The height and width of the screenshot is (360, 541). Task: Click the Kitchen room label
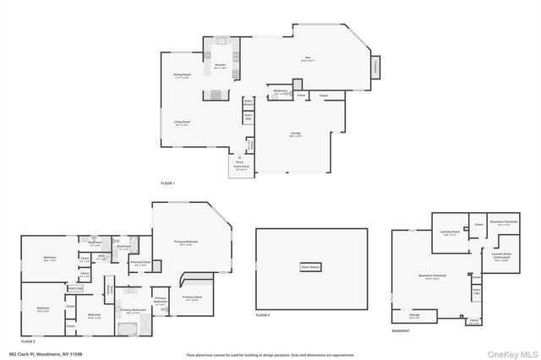tap(220, 64)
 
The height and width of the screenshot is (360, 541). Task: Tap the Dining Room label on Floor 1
tap(183, 76)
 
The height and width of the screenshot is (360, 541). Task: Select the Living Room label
tap(182, 123)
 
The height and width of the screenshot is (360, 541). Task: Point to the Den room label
tap(309, 59)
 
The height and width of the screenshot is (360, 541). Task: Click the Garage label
tap(297, 135)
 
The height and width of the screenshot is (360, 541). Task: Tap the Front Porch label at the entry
tap(239, 167)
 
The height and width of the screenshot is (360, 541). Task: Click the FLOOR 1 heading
tap(168, 183)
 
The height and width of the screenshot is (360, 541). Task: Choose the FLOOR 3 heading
tap(262, 314)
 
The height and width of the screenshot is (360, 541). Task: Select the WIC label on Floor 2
tap(101, 257)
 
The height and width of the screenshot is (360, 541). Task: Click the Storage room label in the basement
tap(414, 315)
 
